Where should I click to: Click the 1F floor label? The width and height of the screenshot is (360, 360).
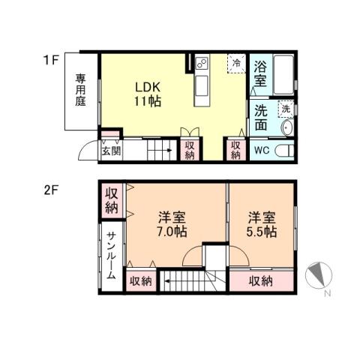[x=49, y=57]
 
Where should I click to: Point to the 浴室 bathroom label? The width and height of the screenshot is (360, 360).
[x=260, y=72]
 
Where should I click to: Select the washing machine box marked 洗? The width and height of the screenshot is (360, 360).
[x=285, y=109]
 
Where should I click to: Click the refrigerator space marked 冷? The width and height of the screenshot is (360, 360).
[x=237, y=64]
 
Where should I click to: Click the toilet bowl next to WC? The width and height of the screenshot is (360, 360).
[x=284, y=151]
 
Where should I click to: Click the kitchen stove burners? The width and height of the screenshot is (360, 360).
[x=202, y=64]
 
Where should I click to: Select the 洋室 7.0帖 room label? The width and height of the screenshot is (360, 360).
[x=172, y=224]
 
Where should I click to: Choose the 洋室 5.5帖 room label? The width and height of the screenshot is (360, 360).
[x=262, y=224]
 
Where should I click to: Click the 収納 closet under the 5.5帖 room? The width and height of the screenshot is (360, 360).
[x=261, y=281]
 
